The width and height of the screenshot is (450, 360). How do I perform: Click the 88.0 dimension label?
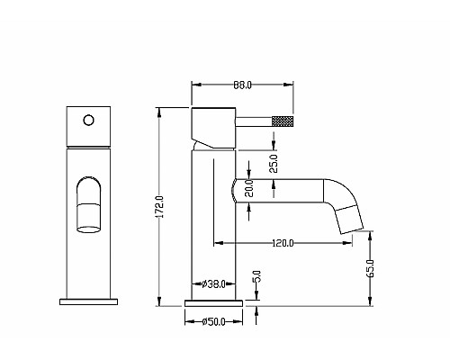click(242, 85)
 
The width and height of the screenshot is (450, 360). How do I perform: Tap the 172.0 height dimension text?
click(160, 207)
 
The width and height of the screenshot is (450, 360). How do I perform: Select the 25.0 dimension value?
click(274, 164)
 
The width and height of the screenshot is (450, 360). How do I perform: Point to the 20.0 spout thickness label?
click(249, 188)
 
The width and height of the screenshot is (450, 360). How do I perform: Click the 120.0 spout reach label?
click(283, 243)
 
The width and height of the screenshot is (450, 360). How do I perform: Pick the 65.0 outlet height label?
click(371, 268)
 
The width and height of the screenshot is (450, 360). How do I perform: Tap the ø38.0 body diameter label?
click(213, 283)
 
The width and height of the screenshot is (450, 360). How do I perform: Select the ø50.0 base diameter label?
click(213, 322)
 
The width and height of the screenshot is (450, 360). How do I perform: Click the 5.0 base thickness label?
click(257, 276)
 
